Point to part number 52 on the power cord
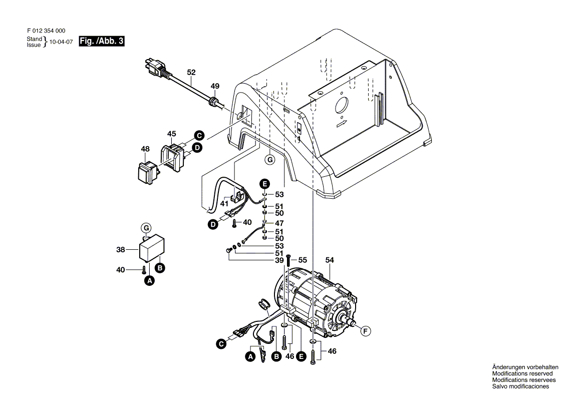pyautogui.click(x=191, y=72)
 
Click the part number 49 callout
pyautogui.click(x=214, y=86)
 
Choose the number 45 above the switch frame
pyautogui.click(x=172, y=134)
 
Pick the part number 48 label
pyautogui.click(x=145, y=149)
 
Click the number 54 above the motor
pyautogui.click(x=329, y=260)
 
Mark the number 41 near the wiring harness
pyautogui.click(x=224, y=204)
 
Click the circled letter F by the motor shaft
pyautogui.click(x=365, y=330)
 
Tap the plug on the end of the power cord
pyautogui.click(x=155, y=67)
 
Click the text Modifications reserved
pyautogui.click(x=522, y=373)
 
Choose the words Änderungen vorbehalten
pyautogui.click(x=525, y=367)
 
